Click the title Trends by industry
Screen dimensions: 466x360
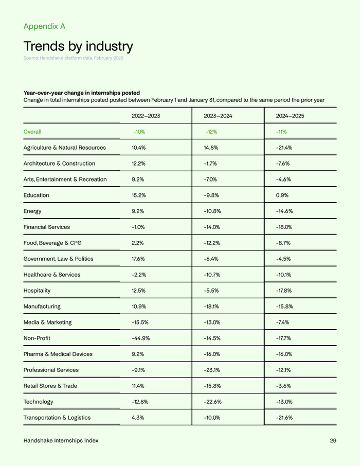(78, 46)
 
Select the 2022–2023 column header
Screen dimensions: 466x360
(146, 116)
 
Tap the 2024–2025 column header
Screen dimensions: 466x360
(290, 116)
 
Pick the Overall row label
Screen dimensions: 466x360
(32, 132)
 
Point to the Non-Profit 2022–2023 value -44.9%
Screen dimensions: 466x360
(140, 338)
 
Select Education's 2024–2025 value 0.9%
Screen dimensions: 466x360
(282, 195)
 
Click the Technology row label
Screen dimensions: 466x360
(38, 402)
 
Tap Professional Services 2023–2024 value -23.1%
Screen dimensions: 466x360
(212, 370)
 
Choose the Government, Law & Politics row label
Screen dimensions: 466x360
(59, 259)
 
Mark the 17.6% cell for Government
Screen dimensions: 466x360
(139, 259)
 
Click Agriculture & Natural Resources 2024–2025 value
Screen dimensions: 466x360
(284, 148)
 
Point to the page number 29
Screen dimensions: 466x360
(333, 441)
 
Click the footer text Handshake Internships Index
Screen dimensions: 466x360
(61, 441)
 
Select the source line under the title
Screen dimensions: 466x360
(73, 58)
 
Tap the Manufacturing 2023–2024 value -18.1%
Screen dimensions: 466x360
(212, 307)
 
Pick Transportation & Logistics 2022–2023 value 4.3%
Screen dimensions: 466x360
(138, 418)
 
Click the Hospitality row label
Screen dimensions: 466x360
(37, 291)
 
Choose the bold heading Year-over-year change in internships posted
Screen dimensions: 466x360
(82, 93)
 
